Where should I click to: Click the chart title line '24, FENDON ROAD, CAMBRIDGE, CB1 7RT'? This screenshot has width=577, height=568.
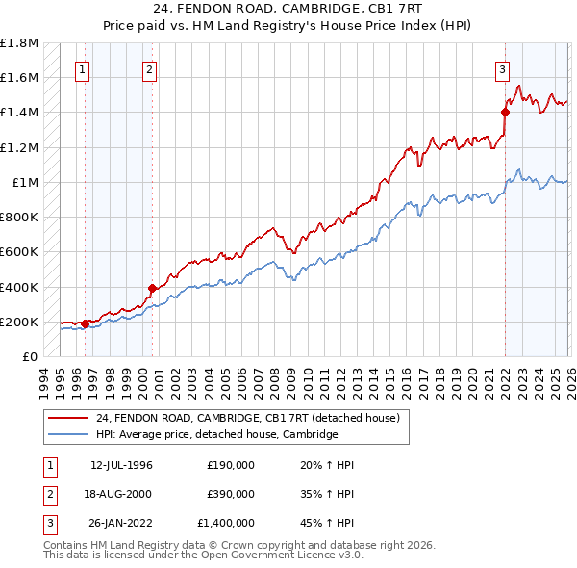(x=288, y=8)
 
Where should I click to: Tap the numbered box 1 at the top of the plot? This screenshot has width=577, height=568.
(x=83, y=69)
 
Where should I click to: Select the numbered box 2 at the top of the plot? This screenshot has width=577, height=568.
(x=150, y=69)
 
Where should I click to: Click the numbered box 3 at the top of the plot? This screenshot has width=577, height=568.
(x=502, y=69)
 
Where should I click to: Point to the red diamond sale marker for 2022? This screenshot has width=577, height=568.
(x=505, y=112)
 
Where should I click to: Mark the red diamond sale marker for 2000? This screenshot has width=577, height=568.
(x=152, y=288)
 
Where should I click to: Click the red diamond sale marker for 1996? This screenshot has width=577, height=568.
(x=86, y=323)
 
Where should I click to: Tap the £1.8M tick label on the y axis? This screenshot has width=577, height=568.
(x=19, y=44)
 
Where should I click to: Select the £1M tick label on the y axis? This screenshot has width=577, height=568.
(x=24, y=183)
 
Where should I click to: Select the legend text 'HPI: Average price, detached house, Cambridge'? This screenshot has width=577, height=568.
(x=216, y=435)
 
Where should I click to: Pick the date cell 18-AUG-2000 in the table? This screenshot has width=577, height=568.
(x=121, y=494)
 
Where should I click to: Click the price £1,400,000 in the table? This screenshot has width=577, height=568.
(x=230, y=524)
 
